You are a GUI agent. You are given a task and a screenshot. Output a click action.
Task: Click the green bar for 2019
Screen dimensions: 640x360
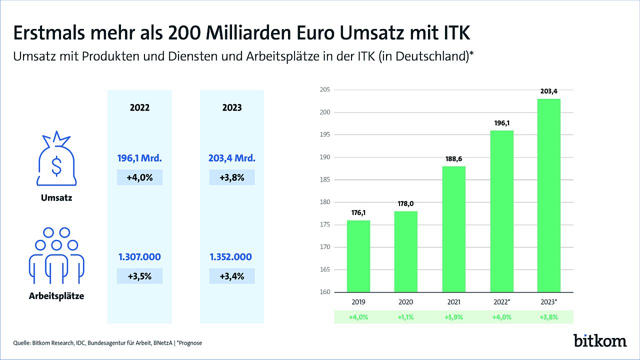coord(358,256)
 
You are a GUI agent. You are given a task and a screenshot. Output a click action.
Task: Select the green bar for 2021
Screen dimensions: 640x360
coord(453,229)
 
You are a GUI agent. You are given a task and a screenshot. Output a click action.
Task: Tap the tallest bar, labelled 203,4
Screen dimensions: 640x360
coord(549,195)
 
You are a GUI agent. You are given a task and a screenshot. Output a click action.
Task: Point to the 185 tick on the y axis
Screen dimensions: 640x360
coord(325,179)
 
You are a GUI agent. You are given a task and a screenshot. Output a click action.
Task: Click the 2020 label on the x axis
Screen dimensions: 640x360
coord(405,302)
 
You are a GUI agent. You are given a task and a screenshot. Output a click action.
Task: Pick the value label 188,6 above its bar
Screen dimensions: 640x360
coord(453,159)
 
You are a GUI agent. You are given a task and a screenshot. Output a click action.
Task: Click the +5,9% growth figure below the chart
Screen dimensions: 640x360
coord(453,317)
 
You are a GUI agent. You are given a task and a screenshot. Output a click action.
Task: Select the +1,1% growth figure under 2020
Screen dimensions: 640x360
coord(405,317)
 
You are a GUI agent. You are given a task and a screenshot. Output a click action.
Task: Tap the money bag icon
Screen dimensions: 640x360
coord(56,158)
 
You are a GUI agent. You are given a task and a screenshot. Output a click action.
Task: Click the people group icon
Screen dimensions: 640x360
coord(56,255)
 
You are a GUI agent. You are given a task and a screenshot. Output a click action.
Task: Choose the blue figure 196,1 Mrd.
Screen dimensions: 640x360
coord(139,158)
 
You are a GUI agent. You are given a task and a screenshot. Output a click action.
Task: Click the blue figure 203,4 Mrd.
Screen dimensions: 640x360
coord(232,158)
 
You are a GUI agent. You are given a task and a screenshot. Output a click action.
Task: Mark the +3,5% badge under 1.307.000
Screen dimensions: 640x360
coord(139,276)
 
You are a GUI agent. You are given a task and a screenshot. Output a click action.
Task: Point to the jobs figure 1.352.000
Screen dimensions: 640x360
coord(231,257)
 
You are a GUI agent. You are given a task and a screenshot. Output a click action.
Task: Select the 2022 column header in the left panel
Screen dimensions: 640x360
coord(139,107)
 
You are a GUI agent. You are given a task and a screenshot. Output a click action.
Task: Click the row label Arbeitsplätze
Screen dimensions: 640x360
coord(56,296)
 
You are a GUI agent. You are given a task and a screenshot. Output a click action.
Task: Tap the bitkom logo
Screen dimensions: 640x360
coord(600,340)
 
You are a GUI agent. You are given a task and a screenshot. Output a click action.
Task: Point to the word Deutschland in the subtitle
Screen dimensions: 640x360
coord(431,56)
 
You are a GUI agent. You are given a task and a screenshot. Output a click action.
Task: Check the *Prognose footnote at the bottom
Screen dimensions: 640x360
coord(189,343)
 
